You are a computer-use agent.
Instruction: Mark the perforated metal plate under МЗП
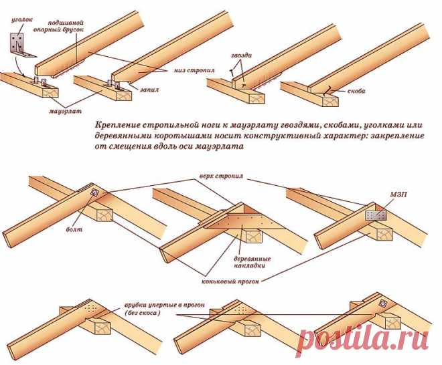point(376,216)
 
